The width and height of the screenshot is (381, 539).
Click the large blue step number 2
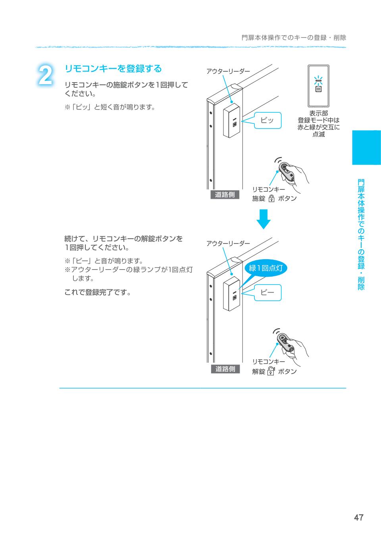(45, 75)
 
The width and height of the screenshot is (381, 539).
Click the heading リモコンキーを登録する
(113, 69)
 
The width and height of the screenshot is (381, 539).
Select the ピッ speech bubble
(267, 120)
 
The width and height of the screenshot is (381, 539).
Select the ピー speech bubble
(267, 293)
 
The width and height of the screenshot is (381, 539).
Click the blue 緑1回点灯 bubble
(266, 268)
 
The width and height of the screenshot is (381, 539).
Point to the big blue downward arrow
(264, 219)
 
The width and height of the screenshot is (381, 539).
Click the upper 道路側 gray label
(225, 194)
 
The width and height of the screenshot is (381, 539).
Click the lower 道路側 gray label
(225, 369)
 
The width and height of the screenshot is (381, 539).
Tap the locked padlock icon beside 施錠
(271, 198)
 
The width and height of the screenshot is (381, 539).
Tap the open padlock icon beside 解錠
(271, 371)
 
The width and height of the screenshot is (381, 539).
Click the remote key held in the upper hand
(286, 171)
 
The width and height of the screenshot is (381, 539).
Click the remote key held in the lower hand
(286, 342)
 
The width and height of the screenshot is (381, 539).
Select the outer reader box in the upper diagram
(231, 121)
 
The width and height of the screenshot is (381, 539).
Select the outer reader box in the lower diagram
(231, 294)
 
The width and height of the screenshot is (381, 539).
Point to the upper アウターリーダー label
(228, 71)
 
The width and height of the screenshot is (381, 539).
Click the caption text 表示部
(318, 113)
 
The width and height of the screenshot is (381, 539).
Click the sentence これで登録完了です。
(98, 293)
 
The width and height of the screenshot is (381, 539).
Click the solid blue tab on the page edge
(367, 148)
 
